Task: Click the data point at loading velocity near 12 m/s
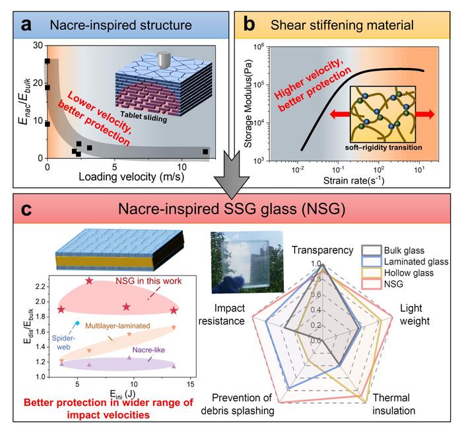205,151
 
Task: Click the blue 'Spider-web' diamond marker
78,323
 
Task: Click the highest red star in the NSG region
89,281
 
